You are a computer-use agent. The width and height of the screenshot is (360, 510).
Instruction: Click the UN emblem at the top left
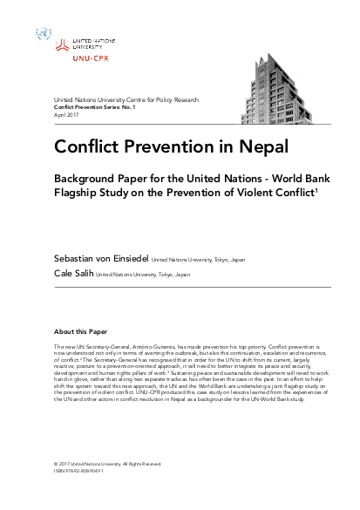(x=44, y=35)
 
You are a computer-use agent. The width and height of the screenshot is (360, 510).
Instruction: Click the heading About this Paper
(x=81, y=332)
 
